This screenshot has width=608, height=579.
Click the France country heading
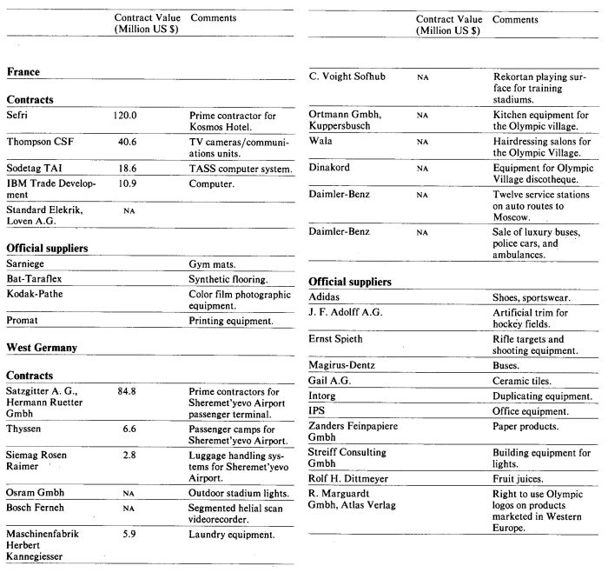click(x=23, y=72)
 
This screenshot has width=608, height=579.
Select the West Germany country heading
click(x=42, y=347)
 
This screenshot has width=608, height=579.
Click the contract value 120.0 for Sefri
click(x=126, y=115)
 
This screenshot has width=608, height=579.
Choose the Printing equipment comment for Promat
click(x=231, y=321)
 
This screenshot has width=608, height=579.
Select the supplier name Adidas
click(x=329, y=296)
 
